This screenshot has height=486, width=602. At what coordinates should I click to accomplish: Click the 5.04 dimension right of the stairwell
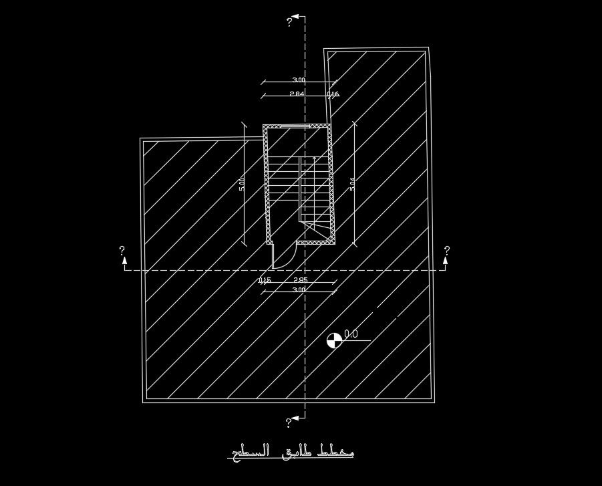[x=352, y=184]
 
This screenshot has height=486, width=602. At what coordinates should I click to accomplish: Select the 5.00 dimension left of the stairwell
[x=242, y=184]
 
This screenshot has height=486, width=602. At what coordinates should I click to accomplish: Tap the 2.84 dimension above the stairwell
[x=297, y=94]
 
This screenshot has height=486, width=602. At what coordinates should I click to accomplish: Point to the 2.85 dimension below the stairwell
[x=301, y=280]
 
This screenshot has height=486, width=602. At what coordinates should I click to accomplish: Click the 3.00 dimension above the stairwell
[x=299, y=80]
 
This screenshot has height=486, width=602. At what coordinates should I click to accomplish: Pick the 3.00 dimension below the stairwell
[x=299, y=289]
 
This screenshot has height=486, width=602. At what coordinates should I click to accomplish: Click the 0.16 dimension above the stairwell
[x=333, y=94]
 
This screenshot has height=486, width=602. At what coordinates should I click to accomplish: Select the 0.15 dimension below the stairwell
[x=265, y=280]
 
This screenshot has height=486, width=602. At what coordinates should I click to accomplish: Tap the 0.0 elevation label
[x=351, y=334]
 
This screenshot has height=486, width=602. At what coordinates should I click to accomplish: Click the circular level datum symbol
[x=334, y=340]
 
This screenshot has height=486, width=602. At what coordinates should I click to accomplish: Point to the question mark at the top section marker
[x=289, y=22]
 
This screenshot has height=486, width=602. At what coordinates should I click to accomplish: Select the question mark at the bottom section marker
[x=289, y=422]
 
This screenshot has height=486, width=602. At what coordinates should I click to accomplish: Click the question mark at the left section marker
[x=122, y=251]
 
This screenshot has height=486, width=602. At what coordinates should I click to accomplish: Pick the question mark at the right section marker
[x=447, y=251]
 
